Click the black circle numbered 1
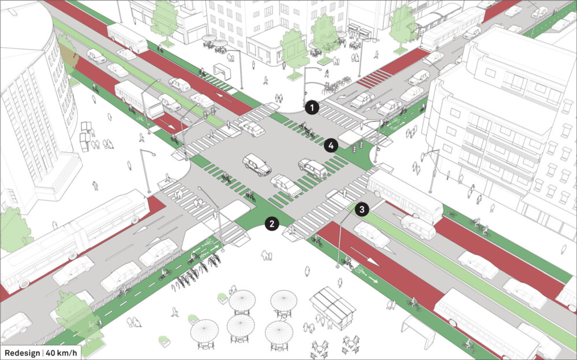(312, 108)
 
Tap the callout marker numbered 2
(272, 223)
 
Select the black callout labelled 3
(362, 210)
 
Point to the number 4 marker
(331, 146)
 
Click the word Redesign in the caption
(22, 353)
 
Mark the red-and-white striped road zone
(374, 78)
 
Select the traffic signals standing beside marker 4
(358, 147)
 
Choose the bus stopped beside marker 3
(405, 196)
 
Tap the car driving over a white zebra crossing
(252, 128)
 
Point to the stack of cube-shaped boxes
(85, 136)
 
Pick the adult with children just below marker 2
(267, 255)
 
